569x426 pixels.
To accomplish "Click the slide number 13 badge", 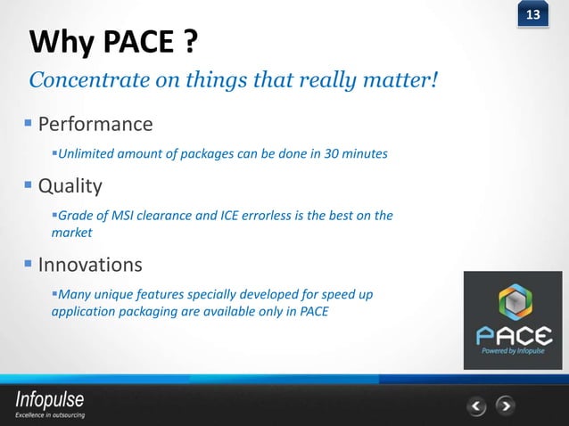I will pos(533,15).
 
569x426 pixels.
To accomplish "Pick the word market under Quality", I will pos(71,233).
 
